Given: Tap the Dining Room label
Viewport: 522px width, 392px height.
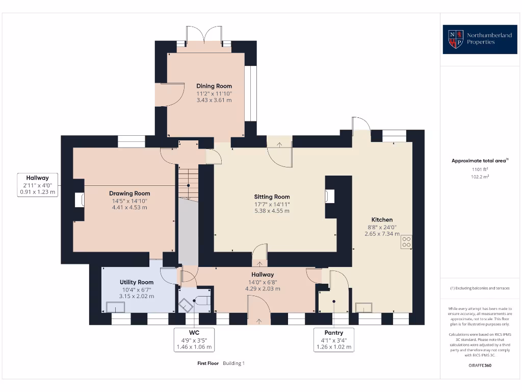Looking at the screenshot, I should (214, 86).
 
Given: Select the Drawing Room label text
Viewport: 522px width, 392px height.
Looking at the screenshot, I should (129, 193).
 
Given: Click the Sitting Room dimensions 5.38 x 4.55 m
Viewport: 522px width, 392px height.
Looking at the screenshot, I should (272, 211).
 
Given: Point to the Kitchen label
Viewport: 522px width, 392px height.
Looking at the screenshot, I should (382, 219).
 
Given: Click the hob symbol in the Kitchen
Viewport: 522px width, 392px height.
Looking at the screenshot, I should (406, 241).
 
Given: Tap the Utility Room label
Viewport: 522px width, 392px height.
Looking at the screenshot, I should (137, 282).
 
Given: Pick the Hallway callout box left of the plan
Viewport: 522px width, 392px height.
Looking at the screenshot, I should (38, 185).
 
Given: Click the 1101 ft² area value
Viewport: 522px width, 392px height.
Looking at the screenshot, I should (480, 169).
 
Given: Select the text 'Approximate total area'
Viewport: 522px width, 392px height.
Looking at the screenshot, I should (479, 161).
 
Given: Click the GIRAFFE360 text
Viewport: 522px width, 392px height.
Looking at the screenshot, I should (480, 365).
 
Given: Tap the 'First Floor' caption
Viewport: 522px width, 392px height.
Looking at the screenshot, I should (208, 363).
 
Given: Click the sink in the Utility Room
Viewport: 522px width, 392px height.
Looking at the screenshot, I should (116, 307).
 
